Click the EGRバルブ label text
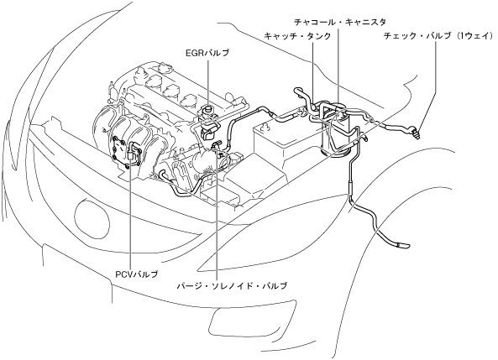207,53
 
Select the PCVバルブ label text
136,274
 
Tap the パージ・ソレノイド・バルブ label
232,285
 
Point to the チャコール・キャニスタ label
340,22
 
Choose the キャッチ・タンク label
297,36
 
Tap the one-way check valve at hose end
416,132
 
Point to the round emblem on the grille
92,217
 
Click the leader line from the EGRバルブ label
207,81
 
